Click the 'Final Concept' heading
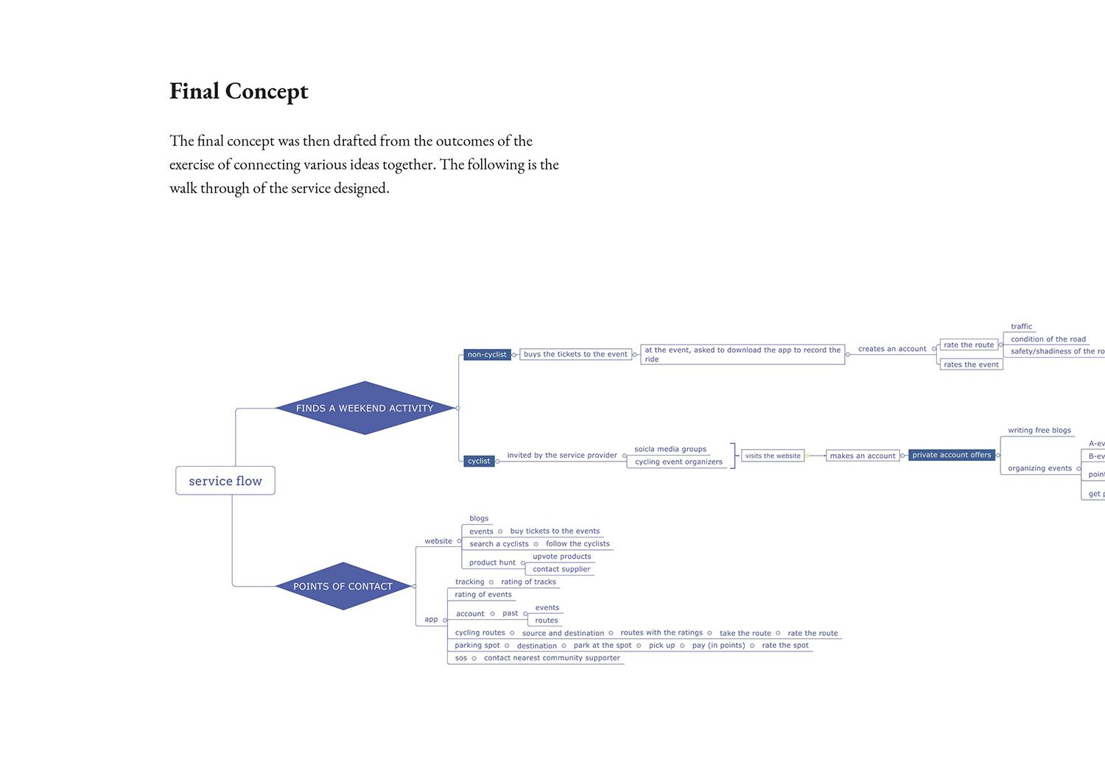point(239,91)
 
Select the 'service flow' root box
point(225,481)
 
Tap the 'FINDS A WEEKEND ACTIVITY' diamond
point(365,408)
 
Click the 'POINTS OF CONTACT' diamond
point(343,586)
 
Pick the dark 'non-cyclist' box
point(487,355)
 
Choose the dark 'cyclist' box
point(479,462)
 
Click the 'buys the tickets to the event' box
point(575,354)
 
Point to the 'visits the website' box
point(773,456)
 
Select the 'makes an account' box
point(863,456)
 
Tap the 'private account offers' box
point(952,455)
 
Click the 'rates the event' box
point(971,364)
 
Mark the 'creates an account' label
point(892,349)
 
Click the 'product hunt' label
point(492,562)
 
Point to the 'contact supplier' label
point(561,569)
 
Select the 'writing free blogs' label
point(1039,431)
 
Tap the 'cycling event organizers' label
point(678,462)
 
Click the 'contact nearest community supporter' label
point(552,658)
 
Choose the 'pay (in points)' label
point(718,646)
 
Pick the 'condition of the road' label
point(1048,339)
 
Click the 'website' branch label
point(438,541)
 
